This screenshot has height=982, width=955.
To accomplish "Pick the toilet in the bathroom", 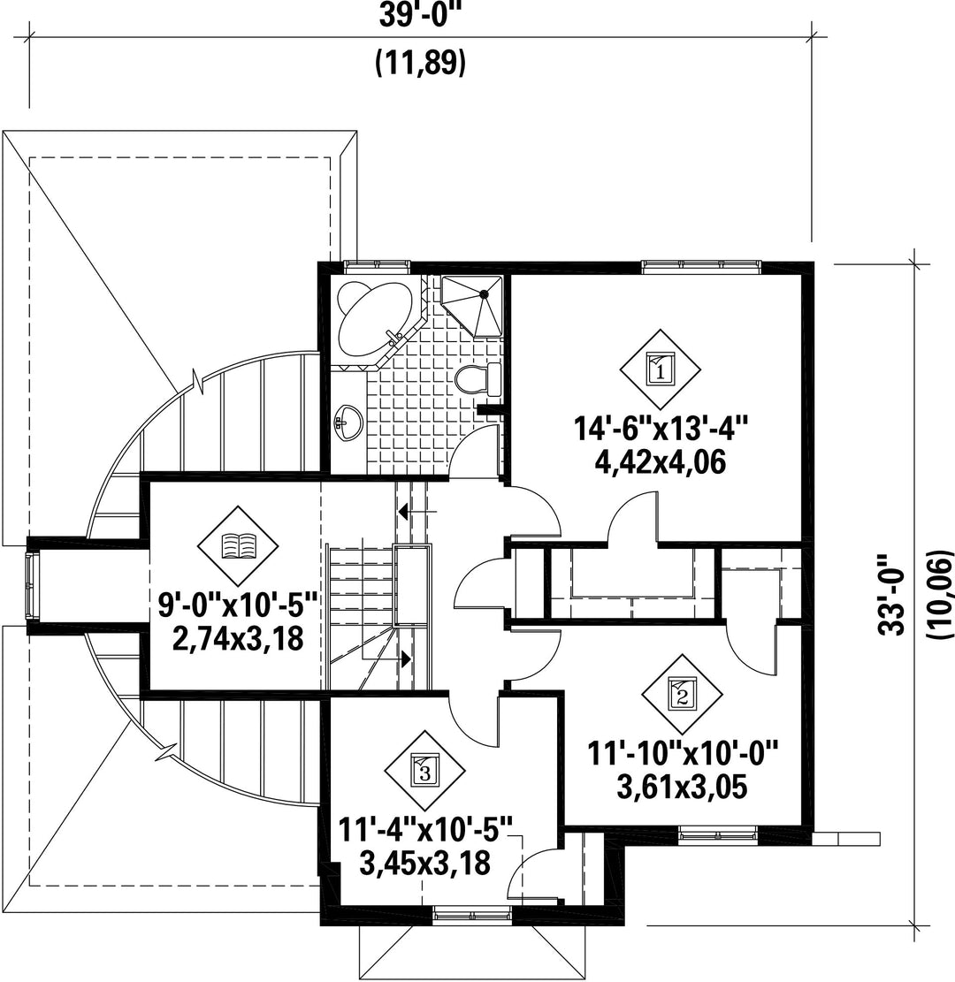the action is pyautogui.click(x=478, y=379).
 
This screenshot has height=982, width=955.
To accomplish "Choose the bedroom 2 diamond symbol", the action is pyautogui.click(x=682, y=694).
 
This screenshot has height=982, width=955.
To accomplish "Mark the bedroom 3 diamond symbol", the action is pyautogui.click(x=424, y=770).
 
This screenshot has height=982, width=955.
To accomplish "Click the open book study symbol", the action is pyautogui.click(x=238, y=545).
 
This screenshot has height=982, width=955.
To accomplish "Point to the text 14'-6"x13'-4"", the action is pyautogui.click(x=661, y=430).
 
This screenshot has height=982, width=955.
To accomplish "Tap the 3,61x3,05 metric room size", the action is pyautogui.click(x=682, y=788).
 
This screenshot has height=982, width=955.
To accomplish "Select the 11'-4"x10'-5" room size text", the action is pyautogui.click(x=424, y=831).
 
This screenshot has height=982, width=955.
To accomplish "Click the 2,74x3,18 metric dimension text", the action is pyautogui.click(x=238, y=639).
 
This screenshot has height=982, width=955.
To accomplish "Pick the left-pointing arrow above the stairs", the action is pyautogui.click(x=417, y=512).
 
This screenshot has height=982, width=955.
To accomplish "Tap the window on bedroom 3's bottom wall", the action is pyautogui.click(x=472, y=916).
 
